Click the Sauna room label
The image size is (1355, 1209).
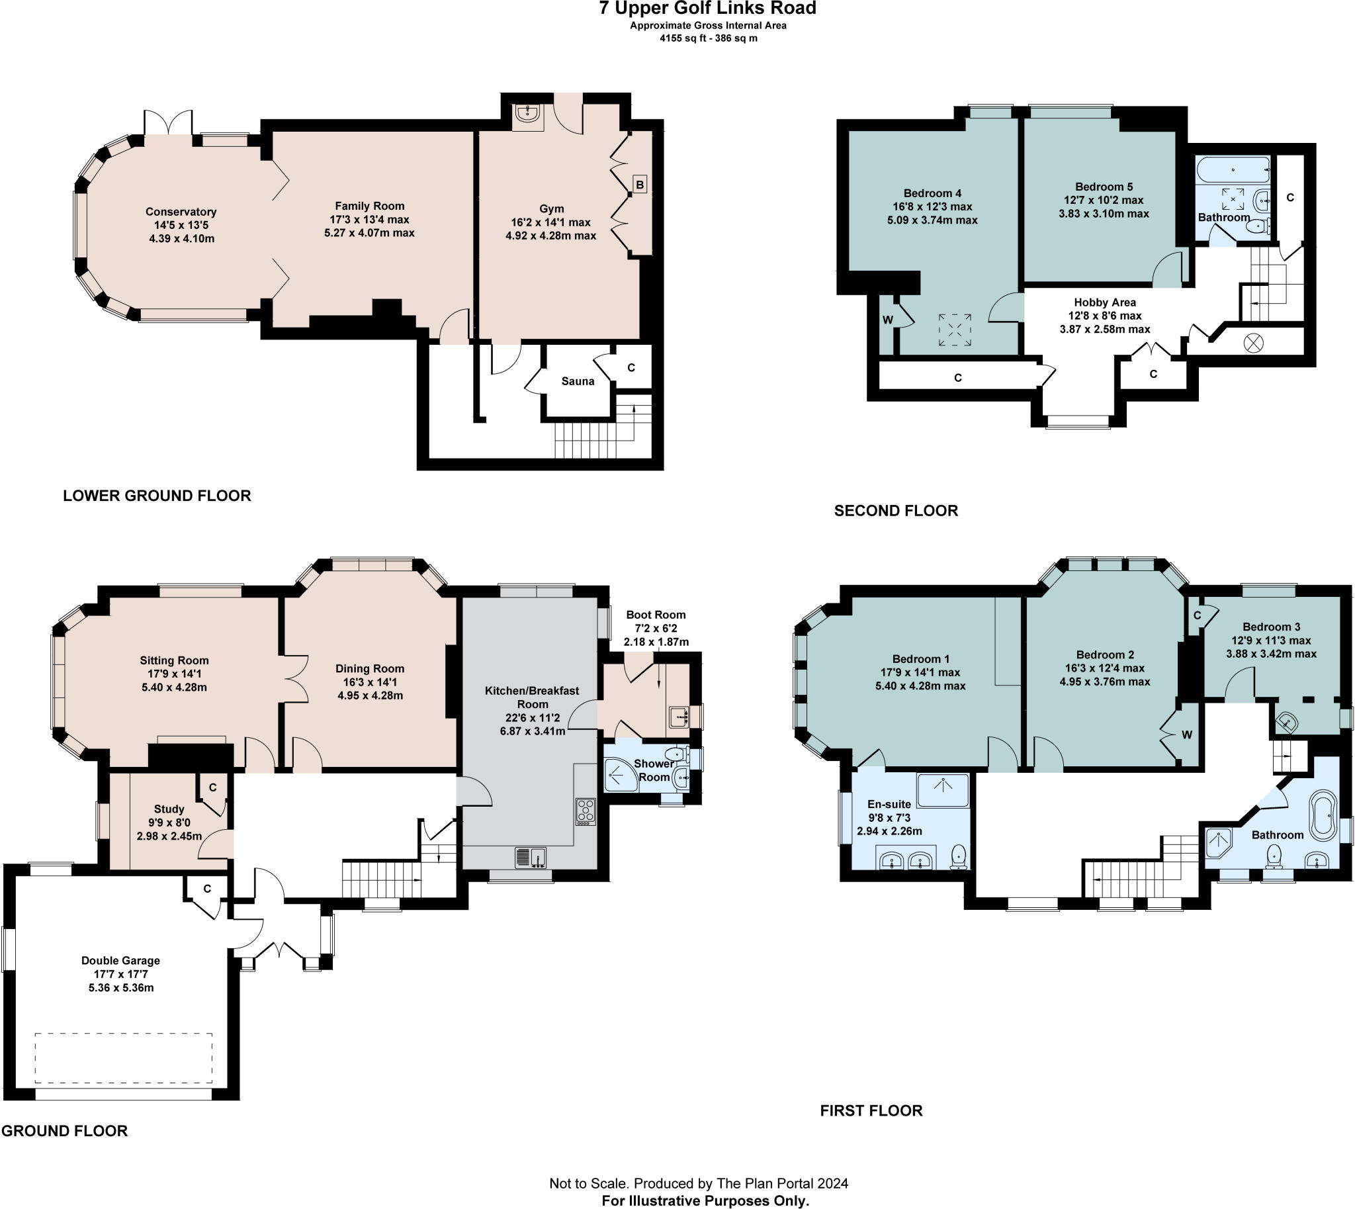coord(577,381)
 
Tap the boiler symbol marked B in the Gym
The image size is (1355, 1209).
coord(640,185)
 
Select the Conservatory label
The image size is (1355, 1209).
coord(181,212)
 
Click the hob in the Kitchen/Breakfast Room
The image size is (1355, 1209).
coord(585,812)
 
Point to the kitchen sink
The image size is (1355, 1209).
coord(530,857)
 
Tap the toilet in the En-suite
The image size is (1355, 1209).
coord(959,857)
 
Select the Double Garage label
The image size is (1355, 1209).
coord(120,961)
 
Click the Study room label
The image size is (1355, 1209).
coord(169,809)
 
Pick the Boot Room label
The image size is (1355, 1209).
coord(656,615)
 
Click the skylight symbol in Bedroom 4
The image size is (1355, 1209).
coord(955,330)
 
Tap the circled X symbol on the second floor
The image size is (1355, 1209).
coord(1253,343)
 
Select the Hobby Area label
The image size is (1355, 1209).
coord(1105,302)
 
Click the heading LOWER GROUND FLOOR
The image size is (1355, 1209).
coord(157,496)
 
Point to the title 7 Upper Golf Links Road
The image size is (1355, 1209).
coord(708,9)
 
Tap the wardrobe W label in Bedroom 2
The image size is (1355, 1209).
coord(1187,735)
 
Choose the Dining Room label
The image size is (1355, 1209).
coord(369,669)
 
